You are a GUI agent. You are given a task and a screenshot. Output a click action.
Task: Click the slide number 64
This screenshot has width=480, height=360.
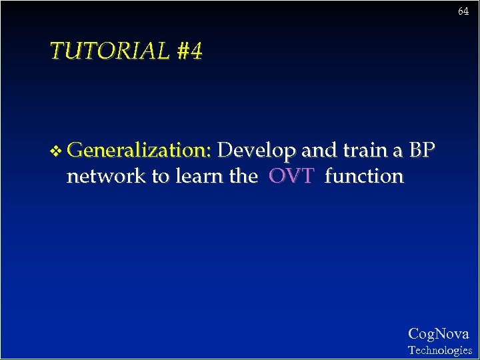coord(463,12)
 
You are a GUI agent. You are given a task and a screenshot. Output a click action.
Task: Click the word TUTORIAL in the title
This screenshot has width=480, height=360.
coord(110,51)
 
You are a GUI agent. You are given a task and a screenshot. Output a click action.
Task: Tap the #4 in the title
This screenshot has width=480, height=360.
coord(189,51)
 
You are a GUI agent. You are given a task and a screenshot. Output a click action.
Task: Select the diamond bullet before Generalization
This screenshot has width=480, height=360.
coord(57,151)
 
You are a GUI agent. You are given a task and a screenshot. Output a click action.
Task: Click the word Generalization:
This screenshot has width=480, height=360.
coord(139,151)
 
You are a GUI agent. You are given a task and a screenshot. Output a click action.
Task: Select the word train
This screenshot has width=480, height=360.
coord(365,151)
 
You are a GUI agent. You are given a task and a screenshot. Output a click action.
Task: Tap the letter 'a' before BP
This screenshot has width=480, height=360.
coord(397,152)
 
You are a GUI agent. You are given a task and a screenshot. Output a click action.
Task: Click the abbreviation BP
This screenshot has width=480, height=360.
coord(422,151)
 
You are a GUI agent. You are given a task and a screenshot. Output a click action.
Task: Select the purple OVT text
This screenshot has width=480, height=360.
coord(291,176)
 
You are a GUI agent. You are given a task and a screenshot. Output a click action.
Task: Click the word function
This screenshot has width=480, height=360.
coord(364,176)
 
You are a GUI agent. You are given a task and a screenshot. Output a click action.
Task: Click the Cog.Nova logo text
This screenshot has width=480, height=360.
coord(438,334)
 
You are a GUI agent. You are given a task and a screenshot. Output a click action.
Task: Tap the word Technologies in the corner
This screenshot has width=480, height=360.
coord(439,350)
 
